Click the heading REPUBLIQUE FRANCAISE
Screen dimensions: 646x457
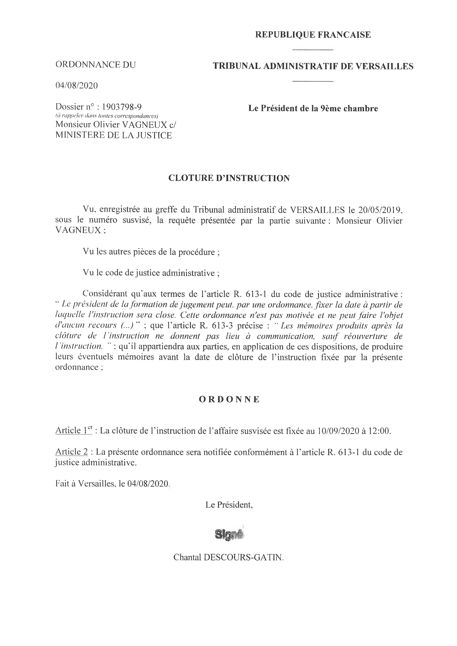(313, 35)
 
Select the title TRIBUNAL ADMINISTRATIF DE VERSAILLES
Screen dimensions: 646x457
(313, 66)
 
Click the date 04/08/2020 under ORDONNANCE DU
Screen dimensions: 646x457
(76, 85)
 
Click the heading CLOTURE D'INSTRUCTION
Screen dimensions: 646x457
(229, 178)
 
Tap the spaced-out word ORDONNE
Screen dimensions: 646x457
(229, 400)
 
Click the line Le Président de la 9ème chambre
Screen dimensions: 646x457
(313, 108)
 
